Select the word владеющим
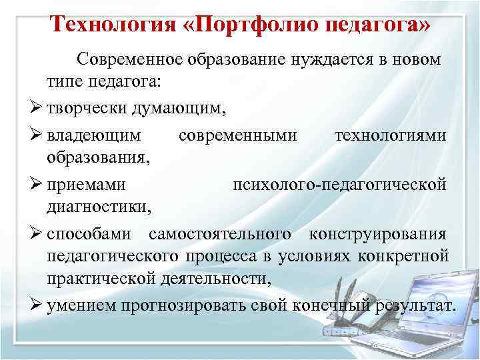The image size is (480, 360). [x=94, y=136]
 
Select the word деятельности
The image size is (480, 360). [x=219, y=281]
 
